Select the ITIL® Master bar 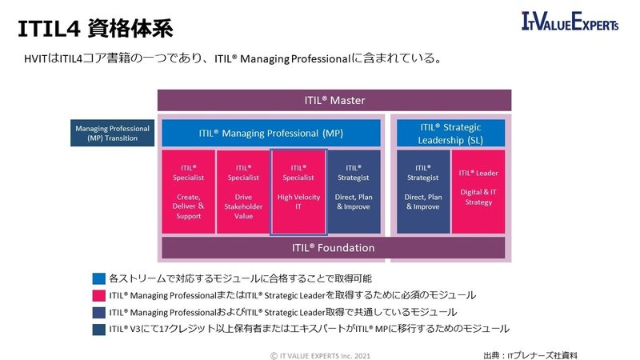[334, 100]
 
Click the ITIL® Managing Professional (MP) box [271, 133]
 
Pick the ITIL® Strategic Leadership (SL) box [450, 133]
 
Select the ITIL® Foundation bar [334, 247]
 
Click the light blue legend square [98, 278]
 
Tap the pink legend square [98, 295]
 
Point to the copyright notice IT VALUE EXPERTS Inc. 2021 [320, 352]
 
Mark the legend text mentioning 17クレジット [309, 329]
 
